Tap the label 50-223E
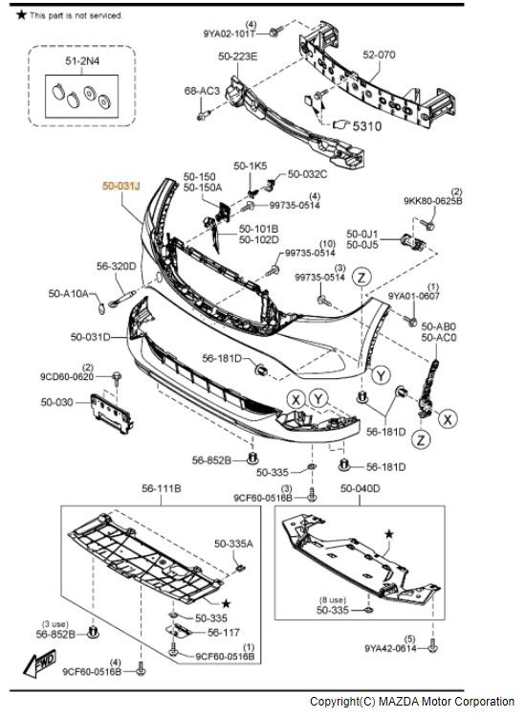(x=237, y=56)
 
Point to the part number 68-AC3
(x=202, y=91)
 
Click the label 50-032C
(x=307, y=174)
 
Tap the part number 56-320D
(x=116, y=267)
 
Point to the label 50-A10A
(x=68, y=293)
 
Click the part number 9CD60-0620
(x=67, y=376)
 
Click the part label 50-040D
(x=360, y=489)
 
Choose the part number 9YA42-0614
(x=389, y=648)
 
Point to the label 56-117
(x=224, y=633)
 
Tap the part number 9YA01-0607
(x=413, y=297)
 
